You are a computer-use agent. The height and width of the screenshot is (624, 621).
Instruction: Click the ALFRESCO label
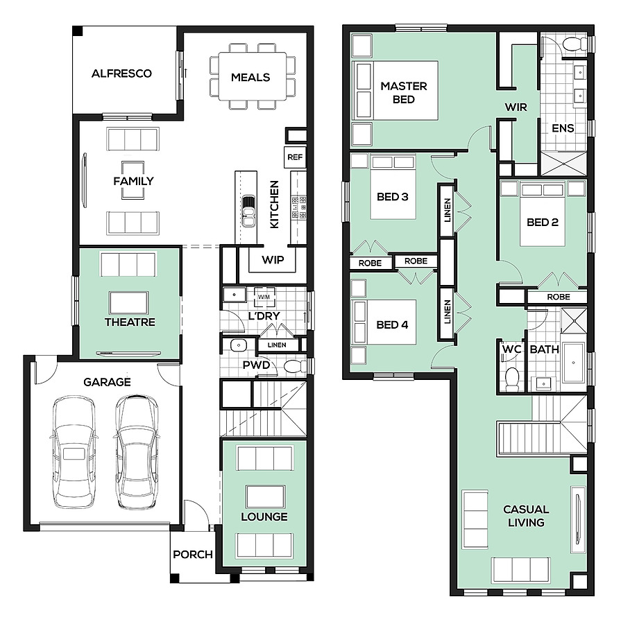[x=121, y=73]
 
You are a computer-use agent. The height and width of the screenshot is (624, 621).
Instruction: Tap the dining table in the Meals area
[x=252, y=76]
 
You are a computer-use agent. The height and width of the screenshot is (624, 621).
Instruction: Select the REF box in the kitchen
[x=295, y=157]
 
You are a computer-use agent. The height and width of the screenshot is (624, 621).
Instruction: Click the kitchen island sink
[x=248, y=211]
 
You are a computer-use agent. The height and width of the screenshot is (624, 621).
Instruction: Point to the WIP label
[x=273, y=260]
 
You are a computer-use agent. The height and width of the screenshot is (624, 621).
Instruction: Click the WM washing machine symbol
[x=264, y=297]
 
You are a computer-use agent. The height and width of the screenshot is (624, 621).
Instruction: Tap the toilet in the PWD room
[x=295, y=365]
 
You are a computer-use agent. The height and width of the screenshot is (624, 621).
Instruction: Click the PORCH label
[x=193, y=555]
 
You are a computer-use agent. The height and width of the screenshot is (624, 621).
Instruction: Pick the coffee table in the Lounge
[x=265, y=496]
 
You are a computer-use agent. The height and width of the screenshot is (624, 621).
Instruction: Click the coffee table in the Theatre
[x=128, y=303]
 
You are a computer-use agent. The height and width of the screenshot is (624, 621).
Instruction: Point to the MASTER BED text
[x=404, y=93]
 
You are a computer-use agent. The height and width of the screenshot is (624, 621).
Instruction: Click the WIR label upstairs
[x=516, y=107]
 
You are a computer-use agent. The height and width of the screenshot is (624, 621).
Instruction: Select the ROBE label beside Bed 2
[x=559, y=297]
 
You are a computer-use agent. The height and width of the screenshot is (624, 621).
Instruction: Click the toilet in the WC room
[x=512, y=379]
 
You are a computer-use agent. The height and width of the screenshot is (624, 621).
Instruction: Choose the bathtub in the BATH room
[x=574, y=363]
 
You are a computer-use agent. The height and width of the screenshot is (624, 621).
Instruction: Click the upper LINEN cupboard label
[x=447, y=210]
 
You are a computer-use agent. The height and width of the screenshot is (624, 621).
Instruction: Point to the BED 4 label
[x=392, y=325]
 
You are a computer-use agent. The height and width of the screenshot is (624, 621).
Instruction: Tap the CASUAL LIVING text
[x=526, y=516]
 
